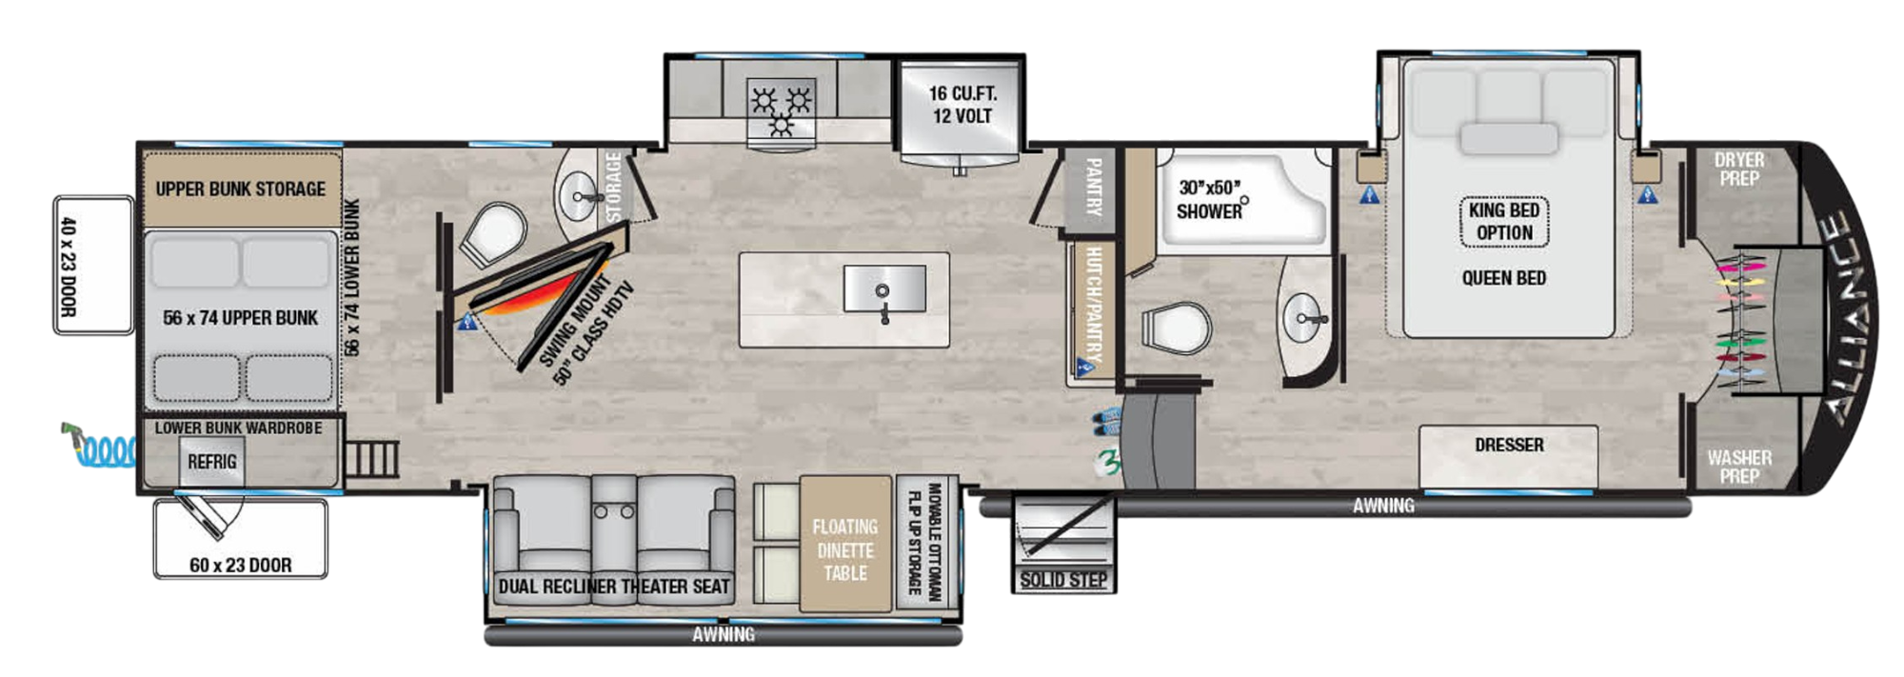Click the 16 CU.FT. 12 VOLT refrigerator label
(962, 105)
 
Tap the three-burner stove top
(781, 112)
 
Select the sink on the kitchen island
(884, 289)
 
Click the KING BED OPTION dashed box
(1504, 221)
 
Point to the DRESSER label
(1509, 445)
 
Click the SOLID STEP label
(1063, 580)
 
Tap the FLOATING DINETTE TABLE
(844, 549)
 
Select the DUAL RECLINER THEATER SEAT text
(614, 587)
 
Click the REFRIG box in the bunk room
(211, 462)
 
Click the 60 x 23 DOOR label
(240, 565)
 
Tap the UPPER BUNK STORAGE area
(241, 189)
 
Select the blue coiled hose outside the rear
(105, 448)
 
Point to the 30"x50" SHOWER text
(1209, 199)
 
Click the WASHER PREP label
(1738, 467)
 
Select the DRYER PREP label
(1738, 169)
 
